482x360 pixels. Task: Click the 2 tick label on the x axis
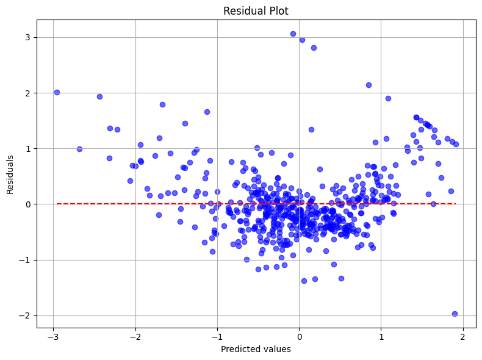(x=463, y=337)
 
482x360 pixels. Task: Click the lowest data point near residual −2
(x=455, y=314)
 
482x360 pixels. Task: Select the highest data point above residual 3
(x=293, y=34)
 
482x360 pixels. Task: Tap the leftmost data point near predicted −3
(x=57, y=92)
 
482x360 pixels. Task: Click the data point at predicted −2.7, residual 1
(x=79, y=149)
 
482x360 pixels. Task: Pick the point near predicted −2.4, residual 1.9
(x=99, y=96)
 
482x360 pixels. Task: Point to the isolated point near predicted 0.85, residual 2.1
(x=369, y=85)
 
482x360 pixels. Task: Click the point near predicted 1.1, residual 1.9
(x=388, y=98)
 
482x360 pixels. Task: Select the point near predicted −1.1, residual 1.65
(x=207, y=112)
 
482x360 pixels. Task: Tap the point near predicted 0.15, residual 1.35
(x=311, y=129)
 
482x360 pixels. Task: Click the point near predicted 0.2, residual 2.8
(x=314, y=48)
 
